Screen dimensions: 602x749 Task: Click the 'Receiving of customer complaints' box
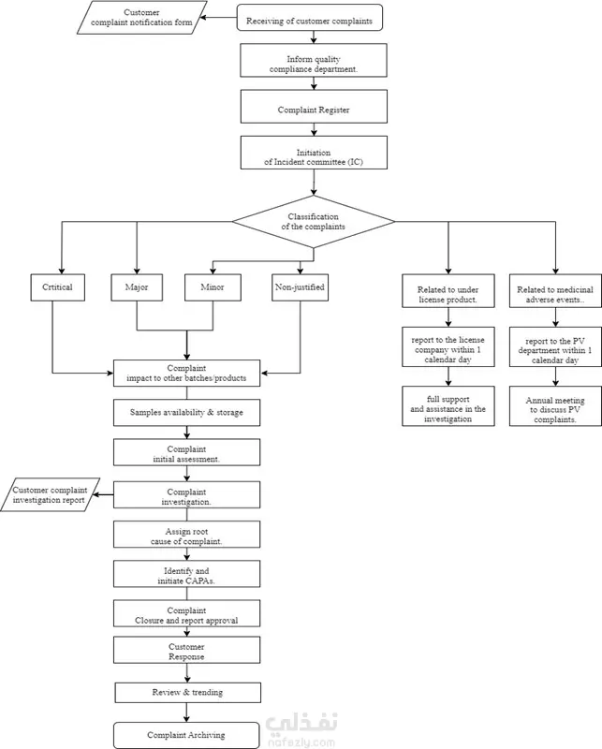(310, 18)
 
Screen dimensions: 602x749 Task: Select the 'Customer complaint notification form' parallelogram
(142, 18)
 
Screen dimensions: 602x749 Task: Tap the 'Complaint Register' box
(314, 107)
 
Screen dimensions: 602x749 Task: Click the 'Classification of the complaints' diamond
(314, 222)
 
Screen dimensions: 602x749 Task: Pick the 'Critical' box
(58, 287)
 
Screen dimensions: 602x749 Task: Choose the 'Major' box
(137, 287)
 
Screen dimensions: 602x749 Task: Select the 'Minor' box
(213, 287)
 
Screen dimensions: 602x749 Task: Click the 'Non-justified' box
(300, 287)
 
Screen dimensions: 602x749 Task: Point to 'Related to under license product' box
(448, 291)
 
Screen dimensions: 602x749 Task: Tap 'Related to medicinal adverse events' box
(555, 291)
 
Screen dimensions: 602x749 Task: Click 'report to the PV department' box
(555, 346)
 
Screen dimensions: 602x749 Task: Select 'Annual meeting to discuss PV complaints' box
(555, 406)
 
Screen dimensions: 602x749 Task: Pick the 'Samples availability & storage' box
(187, 413)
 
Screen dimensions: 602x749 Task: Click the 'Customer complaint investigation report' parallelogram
(50, 494)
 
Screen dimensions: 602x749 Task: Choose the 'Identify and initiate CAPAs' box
(187, 574)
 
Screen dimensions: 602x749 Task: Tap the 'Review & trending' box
(188, 693)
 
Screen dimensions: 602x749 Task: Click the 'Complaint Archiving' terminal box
(186, 735)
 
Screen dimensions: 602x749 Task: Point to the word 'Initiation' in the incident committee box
(314, 153)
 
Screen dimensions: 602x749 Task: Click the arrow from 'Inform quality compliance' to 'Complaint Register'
(314, 83)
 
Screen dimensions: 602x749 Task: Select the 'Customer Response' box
(187, 650)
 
